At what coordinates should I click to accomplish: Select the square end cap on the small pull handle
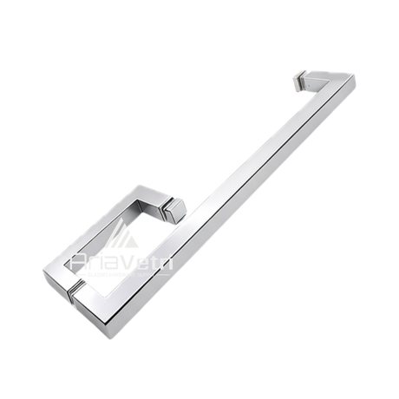[x=176, y=211]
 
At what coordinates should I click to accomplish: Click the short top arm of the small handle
[x=147, y=197]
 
